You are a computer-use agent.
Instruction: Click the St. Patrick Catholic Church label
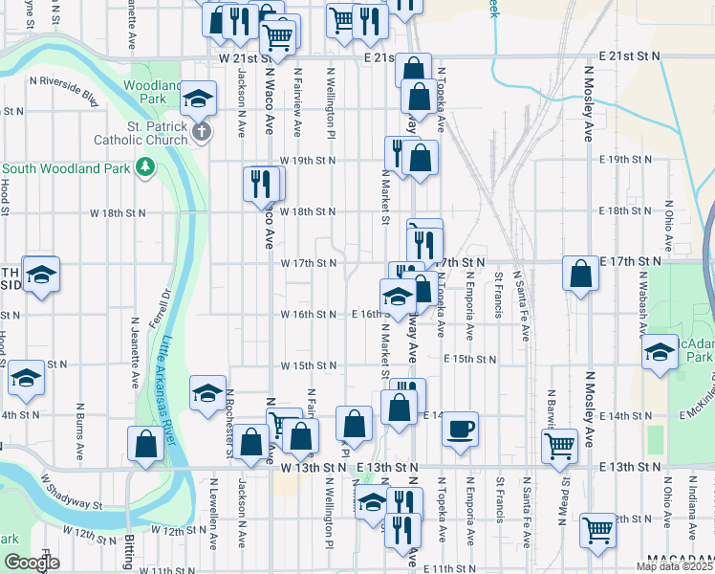(x=142, y=132)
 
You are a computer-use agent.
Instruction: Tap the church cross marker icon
(x=201, y=131)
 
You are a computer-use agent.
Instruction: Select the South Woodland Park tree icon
(x=145, y=167)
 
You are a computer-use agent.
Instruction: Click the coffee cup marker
(x=461, y=427)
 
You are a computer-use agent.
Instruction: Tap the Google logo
(x=32, y=563)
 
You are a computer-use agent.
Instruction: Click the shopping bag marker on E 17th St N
(x=580, y=275)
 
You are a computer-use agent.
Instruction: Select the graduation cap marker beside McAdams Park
(x=660, y=352)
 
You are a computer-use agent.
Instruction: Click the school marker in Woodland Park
(x=199, y=99)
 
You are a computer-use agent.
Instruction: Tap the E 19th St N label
(x=622, y=159)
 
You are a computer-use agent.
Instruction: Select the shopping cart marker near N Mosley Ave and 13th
(x=559, y=444)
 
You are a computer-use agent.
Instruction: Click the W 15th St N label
(x=309, y=365)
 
